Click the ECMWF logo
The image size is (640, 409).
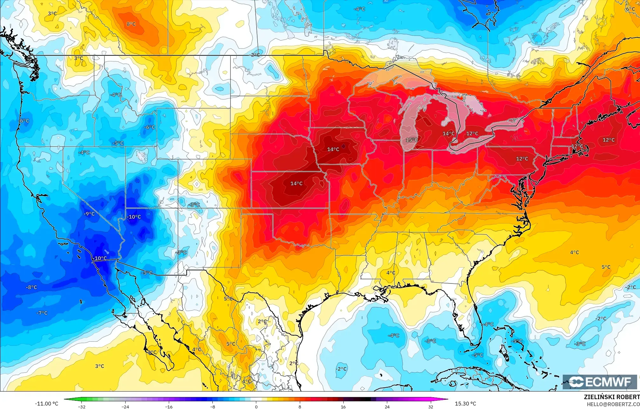tap(600, 382)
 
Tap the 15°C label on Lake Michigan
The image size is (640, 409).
tap(412, 140)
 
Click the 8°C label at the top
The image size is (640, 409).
tap(131, 24)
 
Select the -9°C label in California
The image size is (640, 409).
tap(89, 214)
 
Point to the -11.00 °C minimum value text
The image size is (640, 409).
tap(46, 404)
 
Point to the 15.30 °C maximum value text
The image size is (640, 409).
tap(465, 404)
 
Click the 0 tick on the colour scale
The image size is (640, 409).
tap(256, 406)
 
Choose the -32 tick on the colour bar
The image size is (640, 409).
tap(82, 406)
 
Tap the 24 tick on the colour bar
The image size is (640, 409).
tap(387, 406)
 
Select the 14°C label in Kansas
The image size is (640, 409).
tap(296, 183)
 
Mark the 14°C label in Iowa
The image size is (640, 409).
tap(333, 149)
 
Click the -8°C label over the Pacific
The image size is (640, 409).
tap(31, 287)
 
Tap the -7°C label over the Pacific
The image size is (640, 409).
tap(42, 313)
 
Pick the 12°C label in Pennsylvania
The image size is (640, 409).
tap(522, 159)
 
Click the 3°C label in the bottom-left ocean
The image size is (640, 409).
tap(100, 366)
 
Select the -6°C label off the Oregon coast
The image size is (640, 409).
tap(24, 121)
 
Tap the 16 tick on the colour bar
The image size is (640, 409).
tap(343, 406)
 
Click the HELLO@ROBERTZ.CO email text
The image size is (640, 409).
tap(613, 404)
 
